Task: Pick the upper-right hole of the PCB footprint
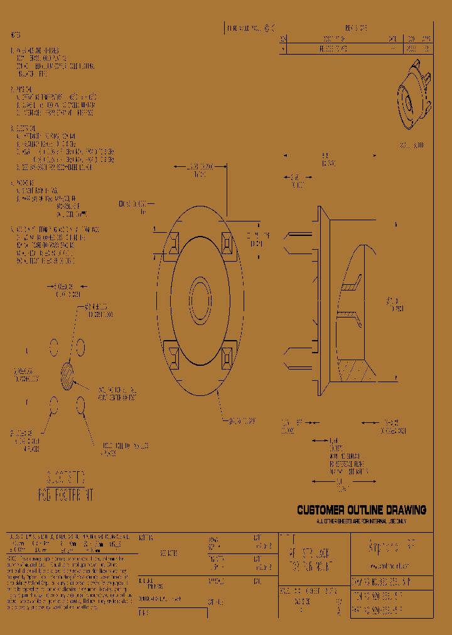coord(81,345)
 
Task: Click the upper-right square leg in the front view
coord(230,242)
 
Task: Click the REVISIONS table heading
coord(356,28)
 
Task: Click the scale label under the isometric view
coord(412,145)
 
